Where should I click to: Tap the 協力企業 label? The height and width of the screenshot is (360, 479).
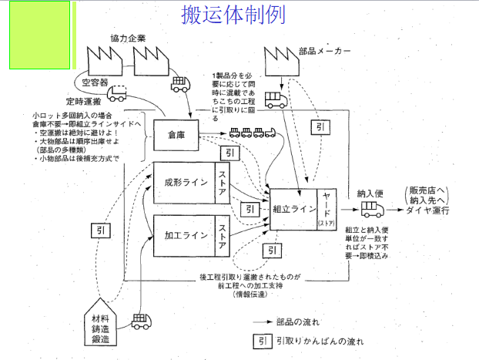(x=127, y=37)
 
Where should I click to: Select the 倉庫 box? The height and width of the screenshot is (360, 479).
(x=177, y=135)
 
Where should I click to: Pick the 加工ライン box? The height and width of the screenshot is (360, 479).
(x=185, y=230)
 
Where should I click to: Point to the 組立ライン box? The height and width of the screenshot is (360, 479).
(x=293, y=208)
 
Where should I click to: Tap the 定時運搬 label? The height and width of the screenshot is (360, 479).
(x=84, y=101)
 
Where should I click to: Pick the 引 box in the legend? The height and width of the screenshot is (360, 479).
(x=262, y=339)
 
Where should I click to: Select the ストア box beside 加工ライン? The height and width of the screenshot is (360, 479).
(x=223, y=230)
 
